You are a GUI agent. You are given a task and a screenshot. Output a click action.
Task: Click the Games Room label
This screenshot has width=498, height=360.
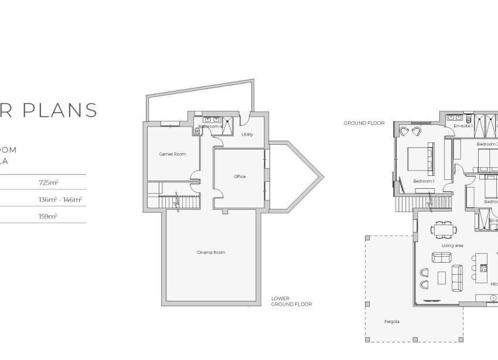click(x=172, y=154)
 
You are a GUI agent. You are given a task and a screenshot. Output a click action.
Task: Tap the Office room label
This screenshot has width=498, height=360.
click(x=239, y=176)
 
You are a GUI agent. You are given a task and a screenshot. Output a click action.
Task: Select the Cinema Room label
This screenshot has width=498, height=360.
click(x=211, y=252)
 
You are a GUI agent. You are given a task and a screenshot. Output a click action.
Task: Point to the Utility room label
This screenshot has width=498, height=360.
click(x=247, y=134)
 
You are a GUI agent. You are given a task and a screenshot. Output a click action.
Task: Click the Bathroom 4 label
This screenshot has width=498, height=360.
click(x=210, y=127)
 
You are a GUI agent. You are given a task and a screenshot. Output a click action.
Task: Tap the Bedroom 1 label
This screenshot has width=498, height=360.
click(x=424, y=181)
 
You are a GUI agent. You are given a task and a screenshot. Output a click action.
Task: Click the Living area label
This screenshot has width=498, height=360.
click(x=453, y=245)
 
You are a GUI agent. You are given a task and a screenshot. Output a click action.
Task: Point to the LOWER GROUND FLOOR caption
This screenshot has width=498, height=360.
click(x=291, y=301)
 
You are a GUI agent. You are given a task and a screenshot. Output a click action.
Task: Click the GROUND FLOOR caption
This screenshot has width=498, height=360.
click(x=364, y=123)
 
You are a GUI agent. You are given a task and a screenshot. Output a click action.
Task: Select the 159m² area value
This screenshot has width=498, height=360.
click(x=48, y=216)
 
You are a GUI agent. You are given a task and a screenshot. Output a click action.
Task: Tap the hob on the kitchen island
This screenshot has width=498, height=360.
click(x=484, y=269)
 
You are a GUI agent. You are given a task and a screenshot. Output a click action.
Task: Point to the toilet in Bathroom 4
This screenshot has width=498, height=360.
click(x=199, y=131)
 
